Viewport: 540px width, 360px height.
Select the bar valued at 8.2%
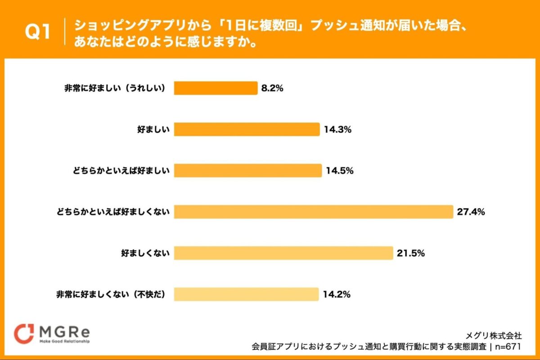click(216, 88)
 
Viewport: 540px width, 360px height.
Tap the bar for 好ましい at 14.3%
click(247, 130)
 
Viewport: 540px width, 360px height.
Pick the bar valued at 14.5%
click(247, 171)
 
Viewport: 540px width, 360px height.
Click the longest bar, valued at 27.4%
click(313, 212)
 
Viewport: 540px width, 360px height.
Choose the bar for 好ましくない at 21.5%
click(283, 253)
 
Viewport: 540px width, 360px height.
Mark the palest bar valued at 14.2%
click(246, 294)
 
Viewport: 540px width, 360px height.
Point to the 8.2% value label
click(272, 89)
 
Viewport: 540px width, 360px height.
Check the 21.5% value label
click(411, 253)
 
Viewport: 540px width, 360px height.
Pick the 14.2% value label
click(337, 295)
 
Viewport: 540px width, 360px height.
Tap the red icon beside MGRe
click(24, 333)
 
